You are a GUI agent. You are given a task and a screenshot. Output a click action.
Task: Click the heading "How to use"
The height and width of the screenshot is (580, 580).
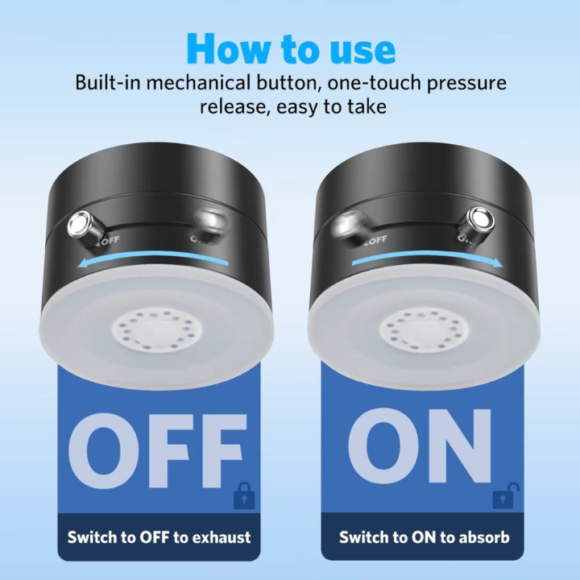pyautogui.click(x=291, y=49)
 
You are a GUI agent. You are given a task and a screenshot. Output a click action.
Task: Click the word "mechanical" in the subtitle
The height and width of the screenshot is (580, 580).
pyautogui.click(x=198, y=82)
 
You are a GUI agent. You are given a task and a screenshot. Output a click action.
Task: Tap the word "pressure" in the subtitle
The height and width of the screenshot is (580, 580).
pyautogui.click(x=466, y=84)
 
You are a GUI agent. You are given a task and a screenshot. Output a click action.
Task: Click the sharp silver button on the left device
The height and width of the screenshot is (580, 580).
pyautogui.click(x=80, y=223)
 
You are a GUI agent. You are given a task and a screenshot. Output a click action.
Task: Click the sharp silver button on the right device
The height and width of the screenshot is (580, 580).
pyautogui.click(x=480, y=219)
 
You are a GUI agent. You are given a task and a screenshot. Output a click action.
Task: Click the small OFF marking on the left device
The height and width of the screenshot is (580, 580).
pyautogui.click(x=110, y=240)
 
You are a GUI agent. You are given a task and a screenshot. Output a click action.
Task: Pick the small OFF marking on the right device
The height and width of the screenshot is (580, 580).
pyautogui.click(x=377, y=240)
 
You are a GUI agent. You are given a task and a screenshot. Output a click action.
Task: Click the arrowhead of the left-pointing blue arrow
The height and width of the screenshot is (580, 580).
pyautogui.click(x=83, y=263)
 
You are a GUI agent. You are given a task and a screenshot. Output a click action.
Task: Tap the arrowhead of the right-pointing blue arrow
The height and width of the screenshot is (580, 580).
pyautogui.click(x=498, y=263)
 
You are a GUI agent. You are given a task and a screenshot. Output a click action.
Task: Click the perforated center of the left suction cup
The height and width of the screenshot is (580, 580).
pyautogui.click(x=158, y=330)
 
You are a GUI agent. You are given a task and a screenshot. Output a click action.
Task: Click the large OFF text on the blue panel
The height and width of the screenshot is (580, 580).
pyautogui.click(x=157, y=451)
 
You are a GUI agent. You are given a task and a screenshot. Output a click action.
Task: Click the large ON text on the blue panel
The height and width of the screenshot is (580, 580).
pyautogui.click(x=420, y=445)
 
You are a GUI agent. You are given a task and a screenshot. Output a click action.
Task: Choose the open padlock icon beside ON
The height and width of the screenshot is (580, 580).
pyautogui.click(x=505, y=495)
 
